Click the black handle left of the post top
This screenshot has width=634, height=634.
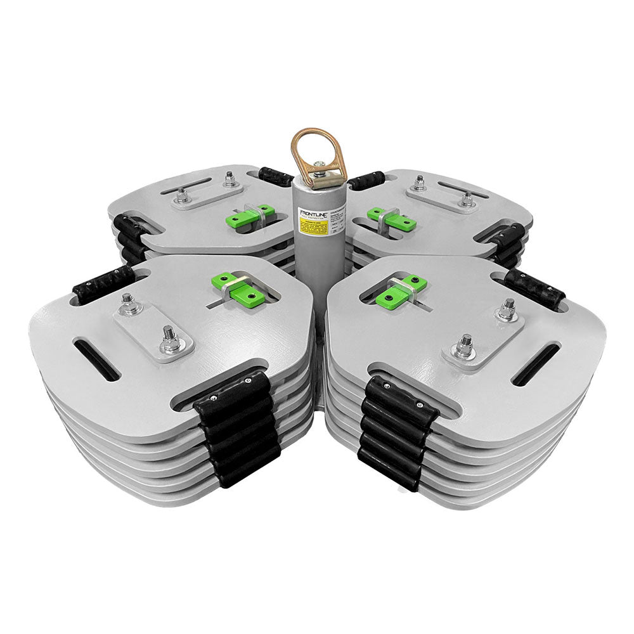(x=276, y=176)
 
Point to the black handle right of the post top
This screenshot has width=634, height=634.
(x=367, y=179)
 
